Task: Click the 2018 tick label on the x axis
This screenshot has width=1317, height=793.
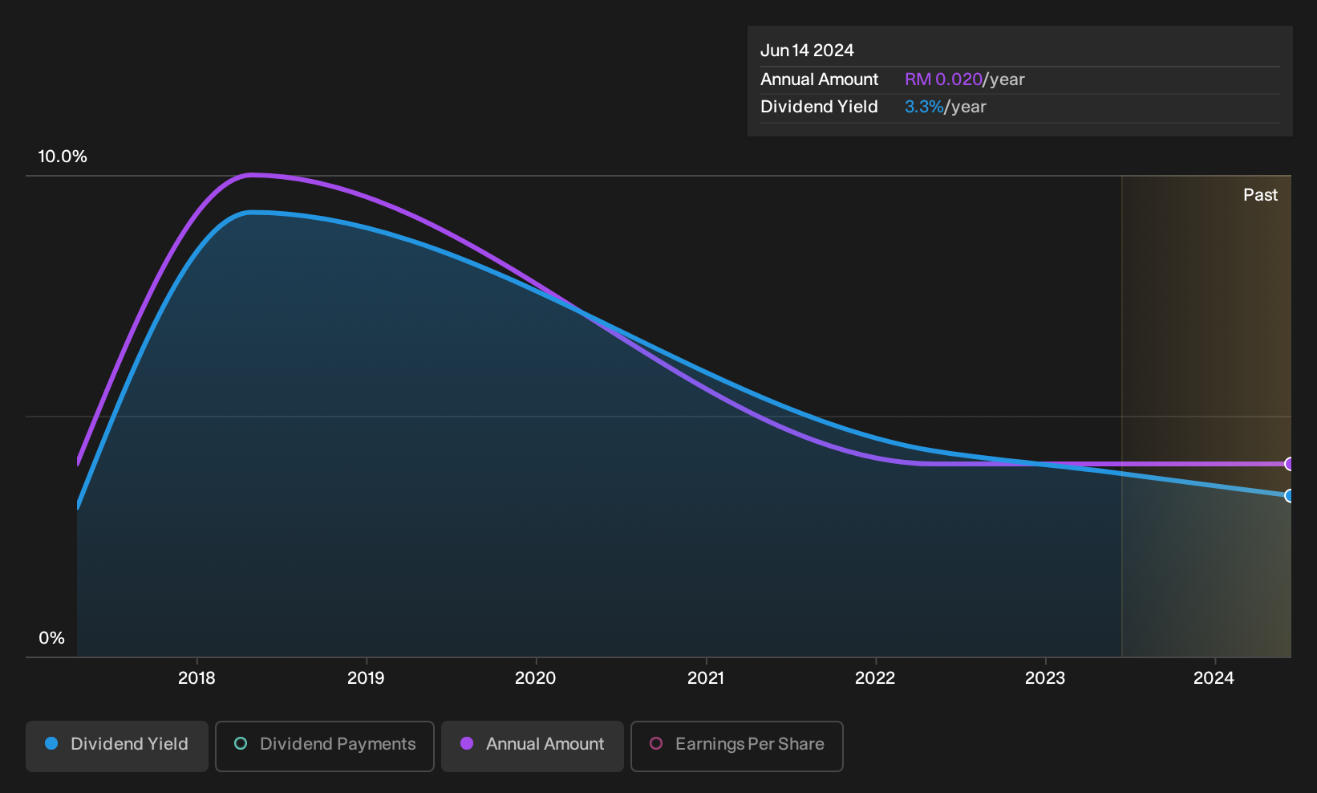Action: point(197,678)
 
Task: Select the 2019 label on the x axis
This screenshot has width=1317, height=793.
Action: point(366,678)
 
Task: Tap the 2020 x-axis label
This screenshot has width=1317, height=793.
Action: point(536,678)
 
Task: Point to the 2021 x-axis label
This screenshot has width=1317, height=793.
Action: point(706,678)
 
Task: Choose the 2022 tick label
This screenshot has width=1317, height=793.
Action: point(875,678)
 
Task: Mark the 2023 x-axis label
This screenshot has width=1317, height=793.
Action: point(1045,678)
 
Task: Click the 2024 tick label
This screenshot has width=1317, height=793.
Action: point(1214,678)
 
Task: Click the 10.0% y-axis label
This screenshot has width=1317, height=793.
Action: point(63,157)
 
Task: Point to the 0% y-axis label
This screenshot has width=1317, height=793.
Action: point(52,638)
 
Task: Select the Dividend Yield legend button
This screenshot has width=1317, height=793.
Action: point(117,746)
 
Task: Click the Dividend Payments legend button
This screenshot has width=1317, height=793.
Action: point(325,746)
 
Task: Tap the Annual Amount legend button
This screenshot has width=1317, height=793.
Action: point(532,746)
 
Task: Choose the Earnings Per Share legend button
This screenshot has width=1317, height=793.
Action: point(736,746)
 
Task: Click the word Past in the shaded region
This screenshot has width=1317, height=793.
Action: point(1260,195)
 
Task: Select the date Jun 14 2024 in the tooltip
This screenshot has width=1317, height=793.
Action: point(807,51)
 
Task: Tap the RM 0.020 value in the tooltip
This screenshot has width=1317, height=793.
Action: point(943,79)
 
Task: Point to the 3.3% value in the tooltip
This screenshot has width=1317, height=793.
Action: point(924,107)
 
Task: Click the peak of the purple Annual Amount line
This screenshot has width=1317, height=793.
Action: point(252,175)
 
